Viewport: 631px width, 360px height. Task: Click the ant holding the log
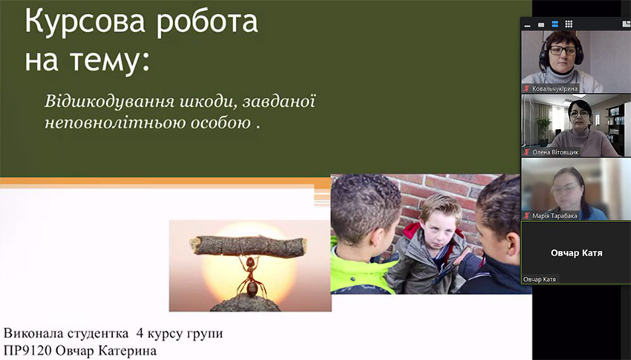point(251,277)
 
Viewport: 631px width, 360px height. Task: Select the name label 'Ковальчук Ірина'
point(555,88)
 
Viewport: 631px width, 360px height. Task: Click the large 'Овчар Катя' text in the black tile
point(576,253)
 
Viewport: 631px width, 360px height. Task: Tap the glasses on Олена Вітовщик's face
point(579,116)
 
